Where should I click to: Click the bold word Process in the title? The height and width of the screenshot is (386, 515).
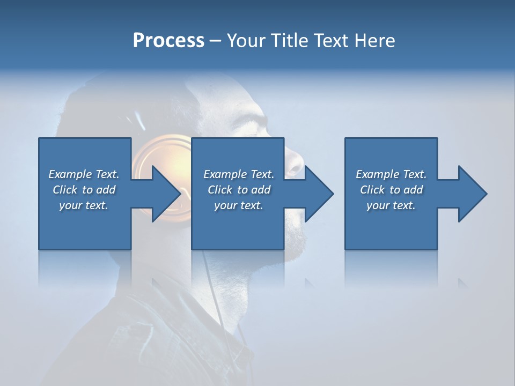(x=168, y=41)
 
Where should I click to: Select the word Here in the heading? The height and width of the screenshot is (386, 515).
(x=374, y=41)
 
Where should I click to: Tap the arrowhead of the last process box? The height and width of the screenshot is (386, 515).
(x=473, y=194)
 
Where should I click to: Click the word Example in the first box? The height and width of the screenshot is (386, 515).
(x=70, y=174)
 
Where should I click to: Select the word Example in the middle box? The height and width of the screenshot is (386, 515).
(x=225, y=174)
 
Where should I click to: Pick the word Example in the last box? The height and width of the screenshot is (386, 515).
(x=377, y=174)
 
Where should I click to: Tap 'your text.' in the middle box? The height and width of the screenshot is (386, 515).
(x=238, y=205)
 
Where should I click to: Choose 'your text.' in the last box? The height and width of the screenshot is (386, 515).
(x=391, y=205)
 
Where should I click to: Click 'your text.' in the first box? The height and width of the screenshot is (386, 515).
(x=83, y=205)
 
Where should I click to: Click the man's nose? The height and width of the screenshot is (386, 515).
(x=294, y=163)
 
